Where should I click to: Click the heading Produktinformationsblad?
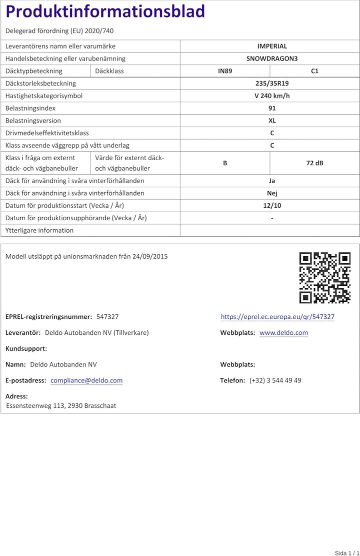pyautogui.click(x=105, y=12)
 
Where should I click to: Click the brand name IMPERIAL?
pyautogui.click(x=272, y=46)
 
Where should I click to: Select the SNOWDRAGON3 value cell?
pyautogui.click(x=272, y=59)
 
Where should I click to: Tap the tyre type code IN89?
pyautogui.click(x=225, y=71)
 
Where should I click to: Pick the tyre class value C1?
pyautogui.click(x=314, y=71)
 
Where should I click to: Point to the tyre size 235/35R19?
pyautogui.click(x=272, y=84)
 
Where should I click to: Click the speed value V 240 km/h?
pyautogui.click(x=272, y=96)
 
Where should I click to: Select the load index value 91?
pyautogui.click(x=272, y=108)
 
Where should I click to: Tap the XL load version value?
pyautogui.click(x=272, y=121)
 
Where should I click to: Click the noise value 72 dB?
pyautogui.click(x=314, y=163)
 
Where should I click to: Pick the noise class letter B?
pyautogui.click(x=225, y=163)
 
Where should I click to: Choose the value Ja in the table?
pyautogui.click(x=272, y=181)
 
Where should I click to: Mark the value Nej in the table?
pyautogui.click(x=272, y=193)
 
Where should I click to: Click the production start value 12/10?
pyautogui.click(x=272, y=206)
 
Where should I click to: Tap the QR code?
pyautogui.click(x=324, y=278)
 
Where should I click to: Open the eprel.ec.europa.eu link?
pyautogui.click(x=277, y=317)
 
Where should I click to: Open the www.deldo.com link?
pyautogui.click(x=283, y=333)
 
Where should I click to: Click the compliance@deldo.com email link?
pyautogui.click(x=86, y=380)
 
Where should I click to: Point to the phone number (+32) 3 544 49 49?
pyautogui.click(x=275, y=380)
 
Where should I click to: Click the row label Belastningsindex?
pyautogui.click(x=30, y=108)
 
